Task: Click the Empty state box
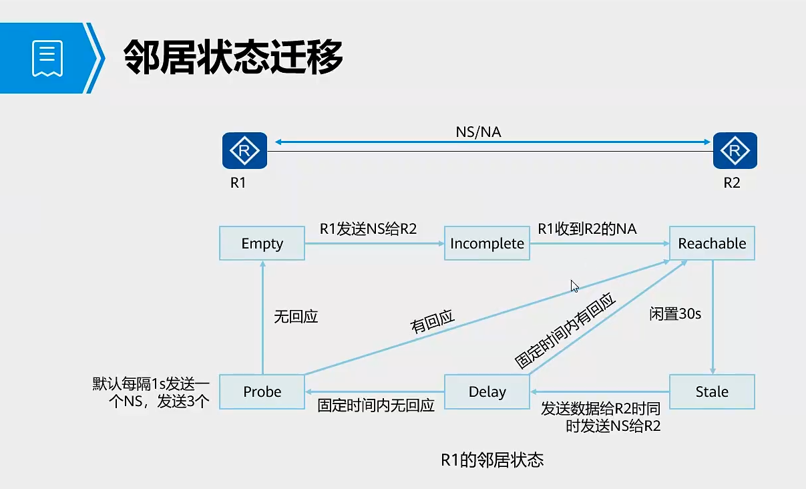[x=262, y=244]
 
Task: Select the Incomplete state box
[x=487, y=244]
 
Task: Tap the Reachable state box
[x=712, y=244]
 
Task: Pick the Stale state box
[x=712, y=391]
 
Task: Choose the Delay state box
[x=487, y=391]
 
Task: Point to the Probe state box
[x=262, y=391]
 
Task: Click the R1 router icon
[x=244, y=150]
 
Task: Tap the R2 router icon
[x=735, y=150]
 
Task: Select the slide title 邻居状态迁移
[x=234, y=57]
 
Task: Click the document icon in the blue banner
[x=47, y=58]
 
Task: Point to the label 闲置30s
[x=675, y=313]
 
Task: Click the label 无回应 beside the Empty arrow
[x=296, y=317]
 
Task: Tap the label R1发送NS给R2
[x=368, y=229]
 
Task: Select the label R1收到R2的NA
[x=587, y=229]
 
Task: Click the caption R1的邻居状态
[x=492, y=460]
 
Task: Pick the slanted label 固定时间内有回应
[x=565, y=331]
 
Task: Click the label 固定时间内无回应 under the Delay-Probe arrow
[x=376, y=405]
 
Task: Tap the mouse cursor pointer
[x=574, y=286]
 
